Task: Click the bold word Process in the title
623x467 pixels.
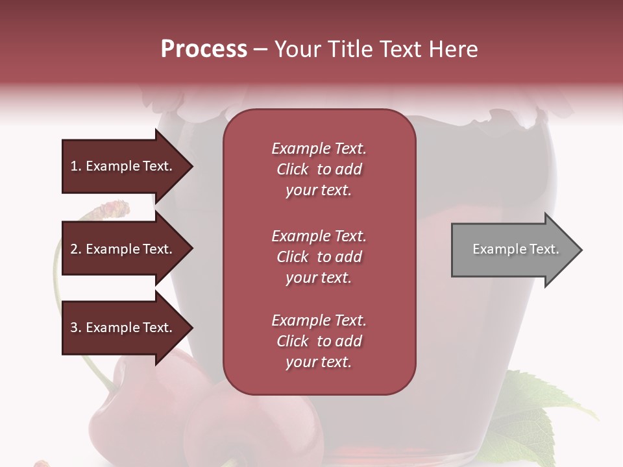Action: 204,49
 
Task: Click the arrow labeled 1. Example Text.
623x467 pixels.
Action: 123,166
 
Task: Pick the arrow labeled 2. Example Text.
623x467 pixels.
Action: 123,249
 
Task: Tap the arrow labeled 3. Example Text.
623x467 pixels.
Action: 123,328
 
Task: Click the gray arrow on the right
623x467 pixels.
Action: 513,250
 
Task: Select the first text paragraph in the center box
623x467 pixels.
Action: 319,169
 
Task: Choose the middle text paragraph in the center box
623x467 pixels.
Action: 319,257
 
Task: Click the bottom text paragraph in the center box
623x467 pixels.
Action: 319,341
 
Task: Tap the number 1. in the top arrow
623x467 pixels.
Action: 76,166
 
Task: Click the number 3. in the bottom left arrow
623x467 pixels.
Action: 76,328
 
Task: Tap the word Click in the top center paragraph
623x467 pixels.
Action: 293,169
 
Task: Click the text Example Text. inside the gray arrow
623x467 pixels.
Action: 515,249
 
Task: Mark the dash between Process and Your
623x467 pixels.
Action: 260,49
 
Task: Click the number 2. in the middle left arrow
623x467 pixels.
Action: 76,249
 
